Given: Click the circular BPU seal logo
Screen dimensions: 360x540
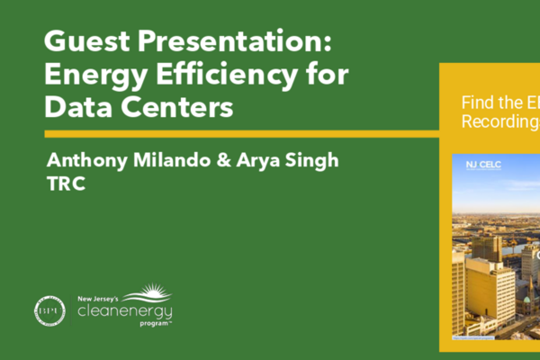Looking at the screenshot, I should [49, 309].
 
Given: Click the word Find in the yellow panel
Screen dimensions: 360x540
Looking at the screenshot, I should [476, 103].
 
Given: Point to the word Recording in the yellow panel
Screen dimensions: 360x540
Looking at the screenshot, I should [499, 121].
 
